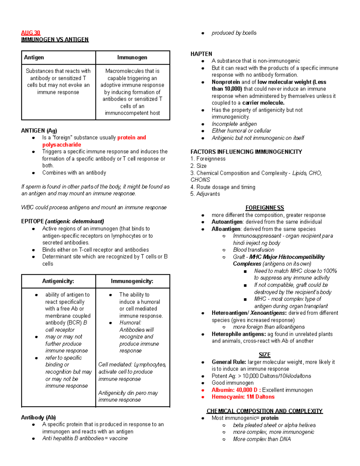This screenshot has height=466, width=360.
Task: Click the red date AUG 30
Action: [x=31, y=33]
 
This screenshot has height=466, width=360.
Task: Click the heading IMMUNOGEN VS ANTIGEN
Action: [x=55, y=40]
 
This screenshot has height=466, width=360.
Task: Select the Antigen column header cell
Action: [x=34, y=57]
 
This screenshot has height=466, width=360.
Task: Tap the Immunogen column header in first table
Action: [x=132, y=57]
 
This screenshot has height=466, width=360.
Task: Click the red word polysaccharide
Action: [x=61, y=145]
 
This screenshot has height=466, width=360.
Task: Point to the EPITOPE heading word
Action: [x=32, y=221]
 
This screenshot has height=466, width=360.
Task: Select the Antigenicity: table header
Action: [x=58, y=281]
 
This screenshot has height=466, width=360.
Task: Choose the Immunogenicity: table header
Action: [x=132, y=281]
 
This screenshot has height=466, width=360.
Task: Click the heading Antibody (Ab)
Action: [x=38, y=417]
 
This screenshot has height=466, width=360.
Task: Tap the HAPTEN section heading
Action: [x=201, y=54]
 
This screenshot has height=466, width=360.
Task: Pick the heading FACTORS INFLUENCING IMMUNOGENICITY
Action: [x=246, y=152]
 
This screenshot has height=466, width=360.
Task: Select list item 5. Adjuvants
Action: [x=205, y=194]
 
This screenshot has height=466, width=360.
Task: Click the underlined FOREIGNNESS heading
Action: [x=265, y=208]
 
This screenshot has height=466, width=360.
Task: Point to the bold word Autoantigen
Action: [x=227, y=222]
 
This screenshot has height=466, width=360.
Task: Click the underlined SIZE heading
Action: [x=265, y=355]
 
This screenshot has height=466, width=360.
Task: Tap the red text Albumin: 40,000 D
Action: [x=236, y=390]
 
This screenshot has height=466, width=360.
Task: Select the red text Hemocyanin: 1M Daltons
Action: [x=243, y=397]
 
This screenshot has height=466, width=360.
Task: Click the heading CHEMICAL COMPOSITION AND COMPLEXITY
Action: [x=265, y=411]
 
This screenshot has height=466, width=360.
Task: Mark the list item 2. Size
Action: [x=199, y=166]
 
